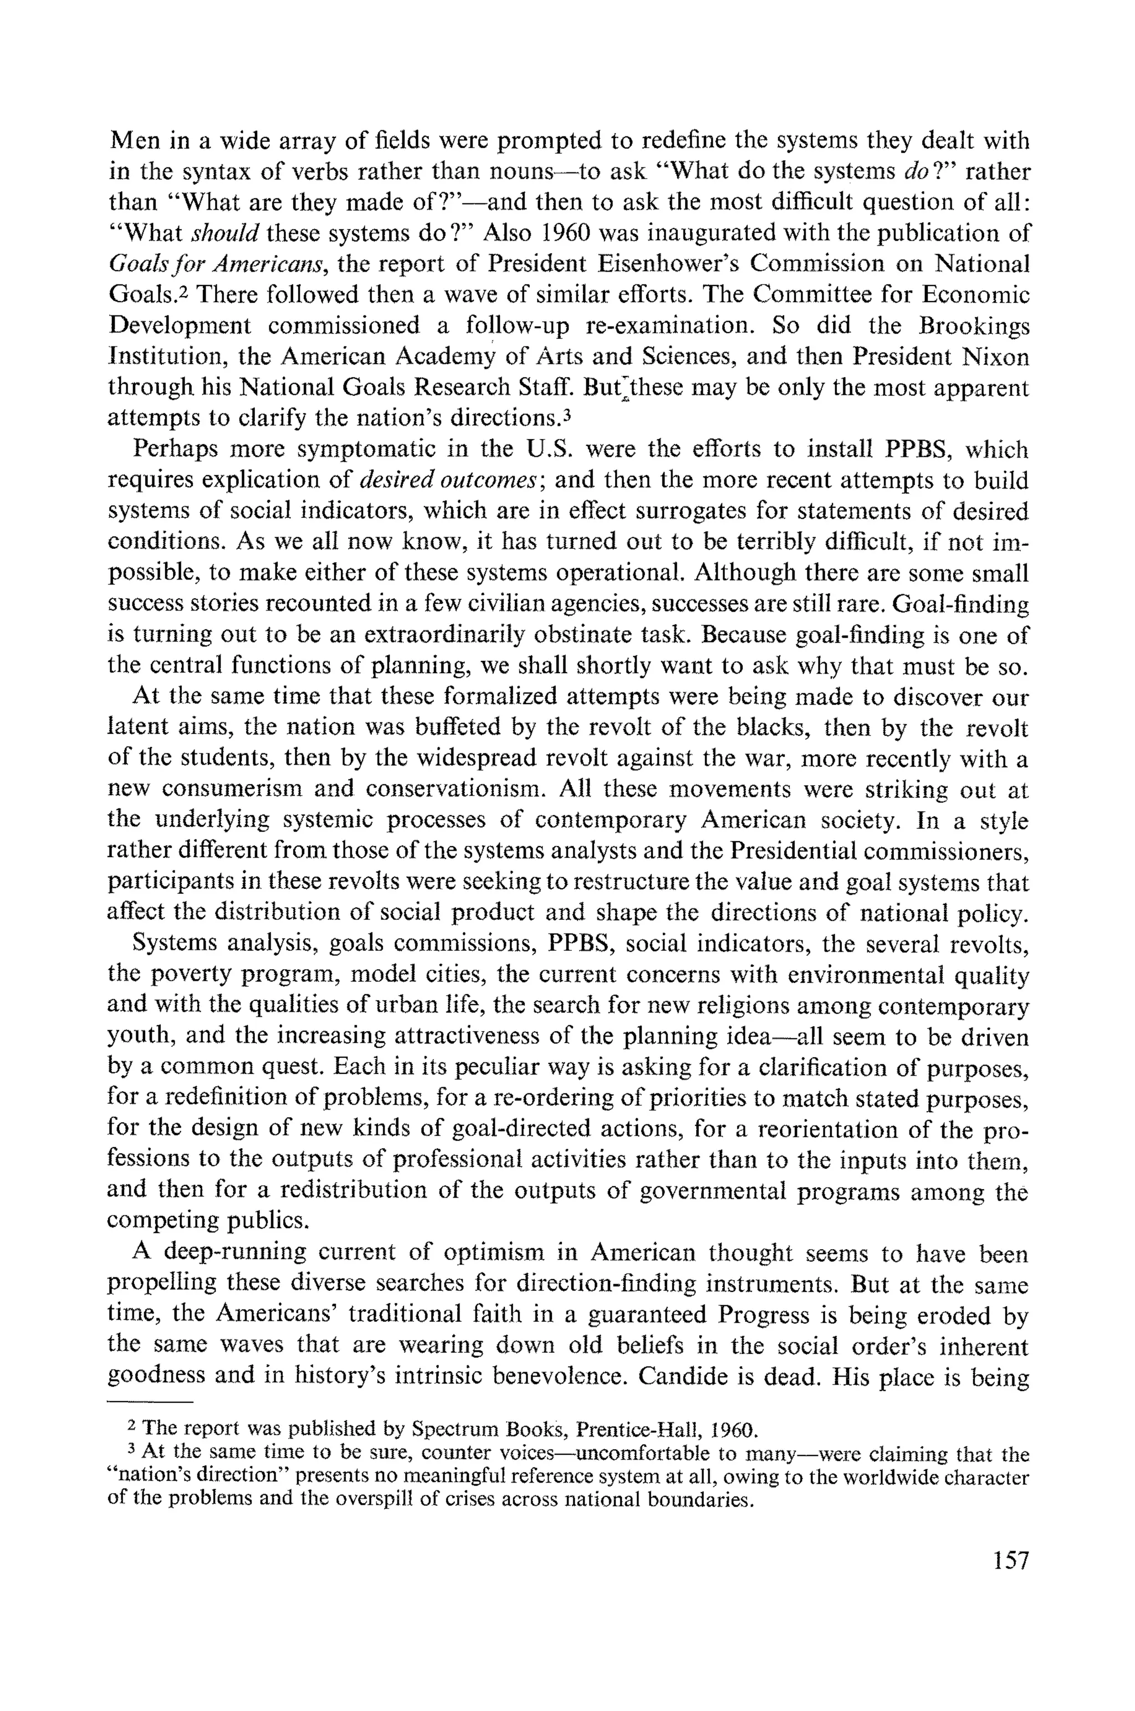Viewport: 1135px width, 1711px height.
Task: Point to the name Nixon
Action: coord(997,357)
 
